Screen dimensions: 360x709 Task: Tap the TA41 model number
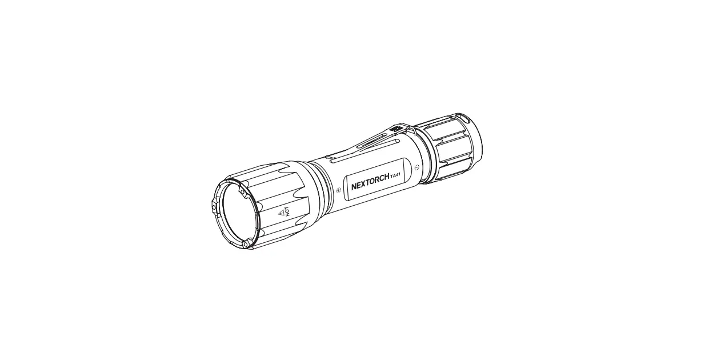[x=395, y=178]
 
